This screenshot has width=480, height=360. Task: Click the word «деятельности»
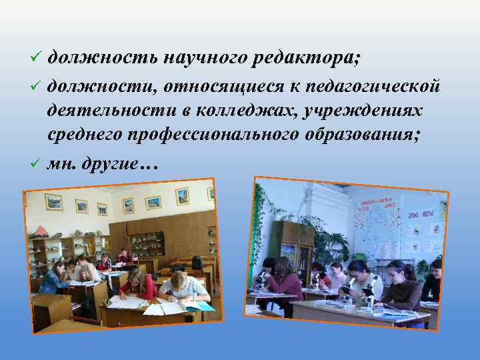pyautogui.click(x=103, y=109)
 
